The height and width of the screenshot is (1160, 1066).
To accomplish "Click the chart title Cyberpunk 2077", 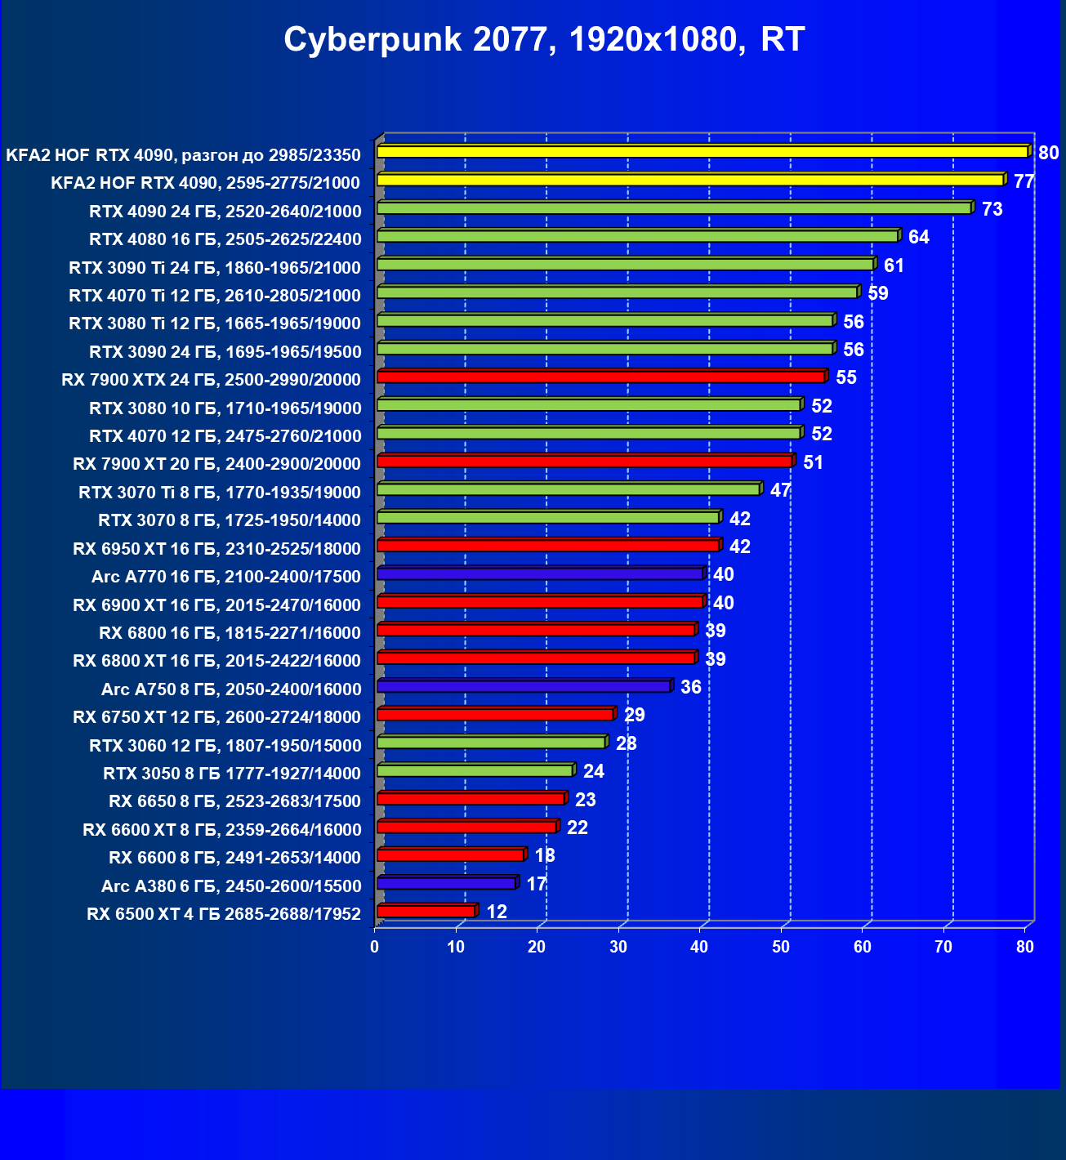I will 544,39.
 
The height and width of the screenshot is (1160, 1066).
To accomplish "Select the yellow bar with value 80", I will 702,152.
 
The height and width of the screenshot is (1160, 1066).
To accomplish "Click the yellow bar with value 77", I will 690,180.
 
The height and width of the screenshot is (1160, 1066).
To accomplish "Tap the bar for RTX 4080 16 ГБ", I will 637,236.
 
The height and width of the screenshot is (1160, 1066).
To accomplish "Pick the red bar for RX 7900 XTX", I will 600,377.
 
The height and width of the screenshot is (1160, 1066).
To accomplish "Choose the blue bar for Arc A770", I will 539,574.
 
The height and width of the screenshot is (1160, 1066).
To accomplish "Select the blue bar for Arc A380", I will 446,883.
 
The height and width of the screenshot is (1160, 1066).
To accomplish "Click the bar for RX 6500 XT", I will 426,911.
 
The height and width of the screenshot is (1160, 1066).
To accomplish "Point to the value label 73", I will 992,209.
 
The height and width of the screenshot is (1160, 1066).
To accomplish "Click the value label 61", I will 894,265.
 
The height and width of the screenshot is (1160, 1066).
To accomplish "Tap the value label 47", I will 780,490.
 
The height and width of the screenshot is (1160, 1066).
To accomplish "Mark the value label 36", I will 690,687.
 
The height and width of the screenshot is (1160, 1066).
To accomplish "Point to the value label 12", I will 496,912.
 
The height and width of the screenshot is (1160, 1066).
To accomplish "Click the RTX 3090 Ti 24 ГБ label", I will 215,268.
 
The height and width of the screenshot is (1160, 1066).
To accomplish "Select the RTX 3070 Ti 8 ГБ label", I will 220,493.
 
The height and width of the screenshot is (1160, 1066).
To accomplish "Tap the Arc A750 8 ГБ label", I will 231,689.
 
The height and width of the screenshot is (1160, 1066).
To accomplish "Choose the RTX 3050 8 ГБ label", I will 232,774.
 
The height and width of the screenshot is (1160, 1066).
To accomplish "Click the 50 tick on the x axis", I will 781,947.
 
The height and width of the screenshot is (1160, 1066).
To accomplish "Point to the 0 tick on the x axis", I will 375,947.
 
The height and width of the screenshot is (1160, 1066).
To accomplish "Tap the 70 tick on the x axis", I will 943,947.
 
